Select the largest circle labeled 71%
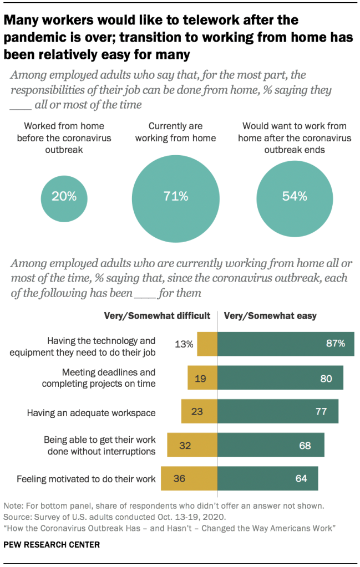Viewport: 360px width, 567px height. (x=176, y=196)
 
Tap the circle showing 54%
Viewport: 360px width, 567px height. (x=294, y=196)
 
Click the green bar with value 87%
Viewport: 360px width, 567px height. (x=286, y=344)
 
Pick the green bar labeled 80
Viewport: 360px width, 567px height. (x=280, y=378)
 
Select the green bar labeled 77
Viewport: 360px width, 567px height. (x=278, y=411)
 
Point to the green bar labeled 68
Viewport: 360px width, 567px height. (x=271, y=445)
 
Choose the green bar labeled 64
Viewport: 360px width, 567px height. (x=267, y=478)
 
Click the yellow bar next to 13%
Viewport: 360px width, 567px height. (x=207, y=344)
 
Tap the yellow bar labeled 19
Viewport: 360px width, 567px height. (x=202, y=378)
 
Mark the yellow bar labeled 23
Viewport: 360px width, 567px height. (x=199, y=411)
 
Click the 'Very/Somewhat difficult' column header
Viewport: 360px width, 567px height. (x=158, y=316)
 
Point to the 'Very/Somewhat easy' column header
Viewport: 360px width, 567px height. (x=270, y=316)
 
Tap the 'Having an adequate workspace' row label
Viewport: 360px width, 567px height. (x=92, y=412)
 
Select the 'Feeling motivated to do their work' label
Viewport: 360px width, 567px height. (x=87, y=478)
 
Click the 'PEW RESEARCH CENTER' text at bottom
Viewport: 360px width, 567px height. (x=52, y=545)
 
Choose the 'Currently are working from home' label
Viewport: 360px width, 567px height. (x=176, y=132)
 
